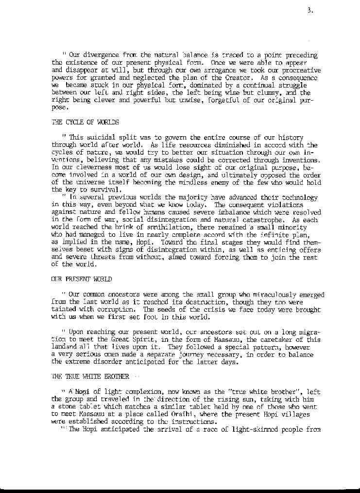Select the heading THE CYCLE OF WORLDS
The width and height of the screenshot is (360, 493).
tap(85, 122)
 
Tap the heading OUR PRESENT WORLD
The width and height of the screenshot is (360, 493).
tap(81, 279)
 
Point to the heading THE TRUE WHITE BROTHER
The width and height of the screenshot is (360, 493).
tap(90, 376)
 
